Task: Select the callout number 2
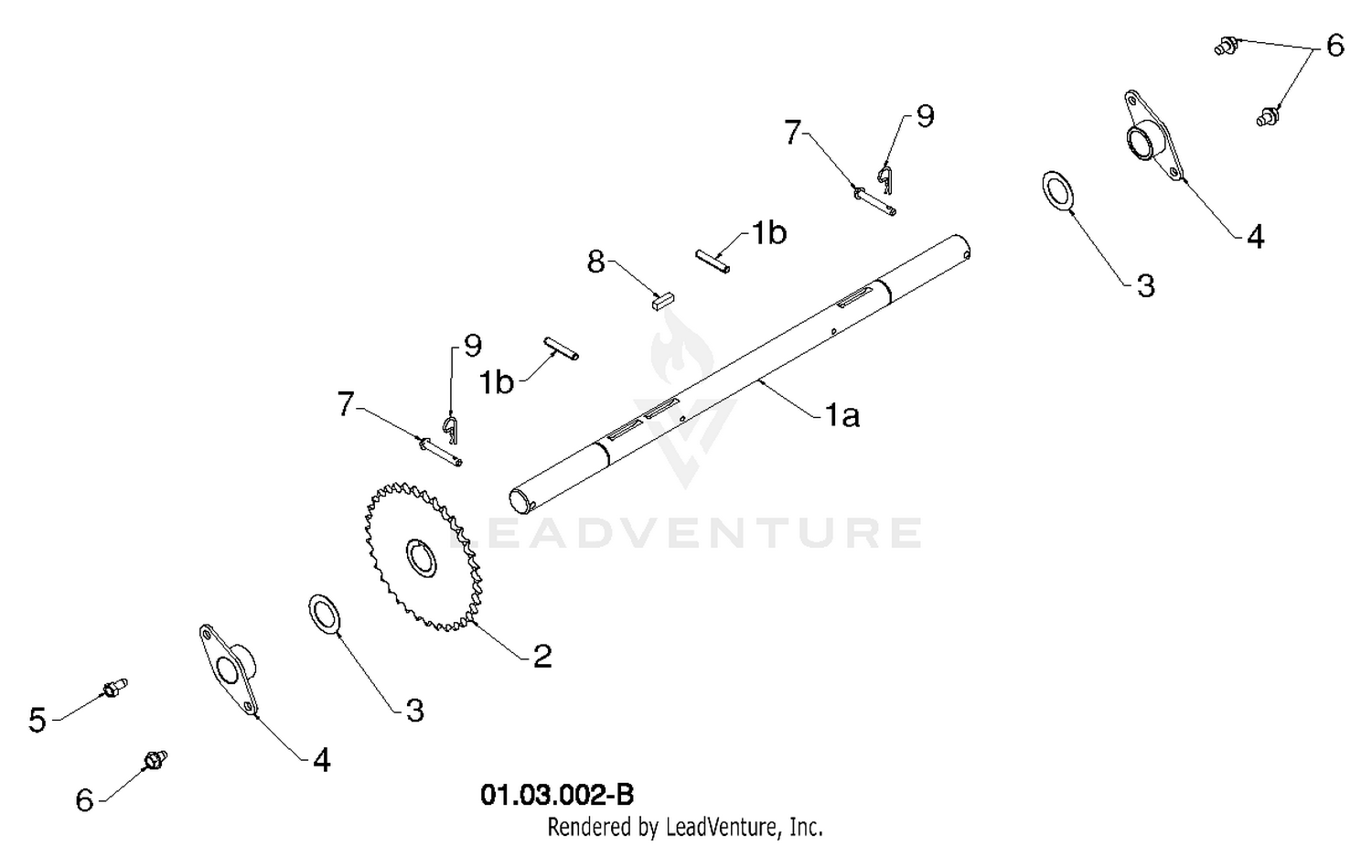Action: (x=542, y=656)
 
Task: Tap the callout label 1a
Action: (x=842, y=416)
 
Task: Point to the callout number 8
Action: (x=595, y=262)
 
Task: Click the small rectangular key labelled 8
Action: (x=663, y=300)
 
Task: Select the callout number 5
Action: (x=38, y=720)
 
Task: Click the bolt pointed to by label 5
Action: (x=114, y=688)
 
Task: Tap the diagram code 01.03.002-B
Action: (x=557, y=795)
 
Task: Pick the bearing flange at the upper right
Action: (x=1152, y=136)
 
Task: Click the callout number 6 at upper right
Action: (x=1335, y=46)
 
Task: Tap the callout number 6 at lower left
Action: (x=84, y=800)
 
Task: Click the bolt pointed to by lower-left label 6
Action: (x=155, y=760)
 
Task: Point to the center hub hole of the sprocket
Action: (x=422, y=558)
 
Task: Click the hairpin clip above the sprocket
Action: (x=450, y=428)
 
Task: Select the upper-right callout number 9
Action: (x=925, y=116)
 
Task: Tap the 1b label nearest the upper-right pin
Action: (x=769, y=233)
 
